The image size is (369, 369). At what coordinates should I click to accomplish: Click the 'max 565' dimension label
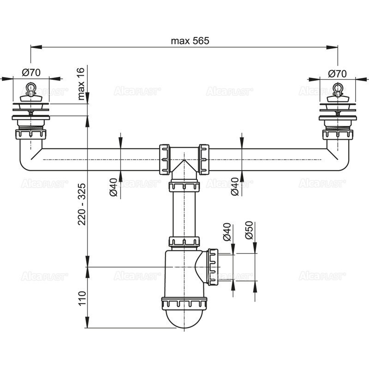pos(190,41)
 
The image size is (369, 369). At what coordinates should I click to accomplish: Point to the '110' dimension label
pos(82,299)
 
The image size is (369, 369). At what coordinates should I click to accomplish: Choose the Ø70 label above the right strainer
pos(337,73)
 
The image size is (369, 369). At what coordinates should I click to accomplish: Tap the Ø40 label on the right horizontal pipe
pos(234,186)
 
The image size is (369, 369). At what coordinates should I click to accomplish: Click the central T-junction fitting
pos(184,160)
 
